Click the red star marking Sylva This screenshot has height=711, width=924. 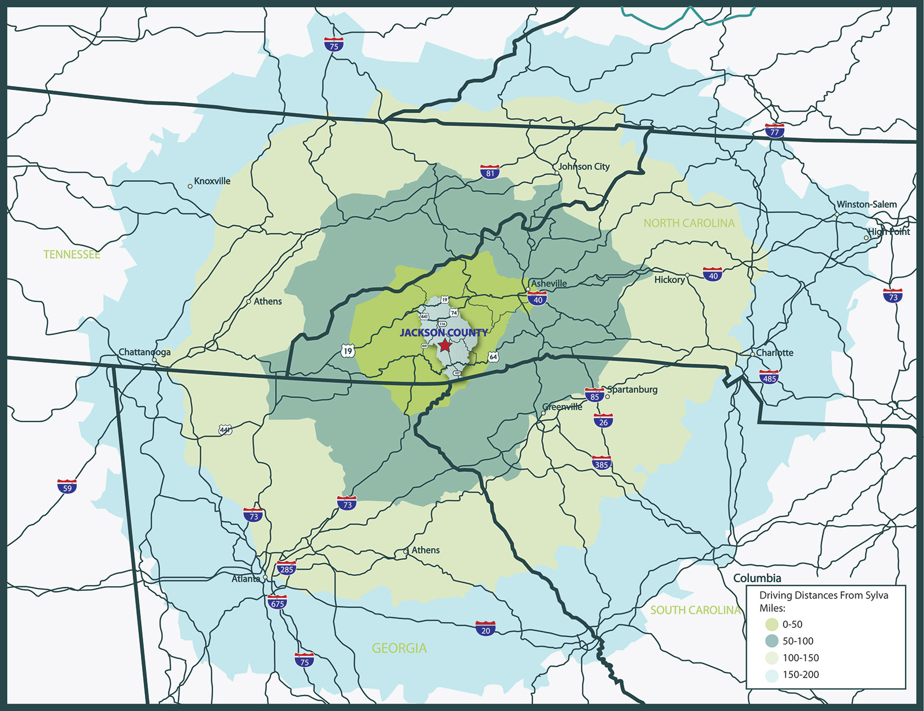click(x=444, y=345)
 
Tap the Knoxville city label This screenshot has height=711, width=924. click(x=212, y=181)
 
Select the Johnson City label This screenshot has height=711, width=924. click(x=584, y=166)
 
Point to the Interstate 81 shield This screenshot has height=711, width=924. click(x=490, y=172)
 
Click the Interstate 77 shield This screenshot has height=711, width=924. click(x=774, y=131)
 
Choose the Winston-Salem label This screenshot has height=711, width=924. click(x=866, y=204)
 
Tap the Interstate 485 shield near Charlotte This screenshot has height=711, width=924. click(x=769, y=378)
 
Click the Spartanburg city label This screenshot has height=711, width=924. click(x=632, y=389)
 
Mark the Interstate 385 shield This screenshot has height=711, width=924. click(x=602, y=463)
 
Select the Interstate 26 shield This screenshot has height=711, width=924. click(x=603, y=421)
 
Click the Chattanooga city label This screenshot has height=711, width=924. click(x=144, y=352)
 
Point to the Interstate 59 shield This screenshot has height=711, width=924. click(x=67, y=487)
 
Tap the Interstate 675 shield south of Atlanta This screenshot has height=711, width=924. click(x=278, y=602)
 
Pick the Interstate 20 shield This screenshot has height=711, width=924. click(x=485, y=629)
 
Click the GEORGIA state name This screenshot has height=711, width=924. click(x=399, y=648)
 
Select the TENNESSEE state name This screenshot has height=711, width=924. click(x=72, y=254)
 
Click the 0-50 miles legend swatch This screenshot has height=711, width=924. click(x=772, y=624)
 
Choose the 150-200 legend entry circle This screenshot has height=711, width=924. click(x=772, y=675)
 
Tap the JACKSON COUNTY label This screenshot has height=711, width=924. click(x=444, y=333)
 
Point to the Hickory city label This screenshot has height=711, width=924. click(x=669, y=280)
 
